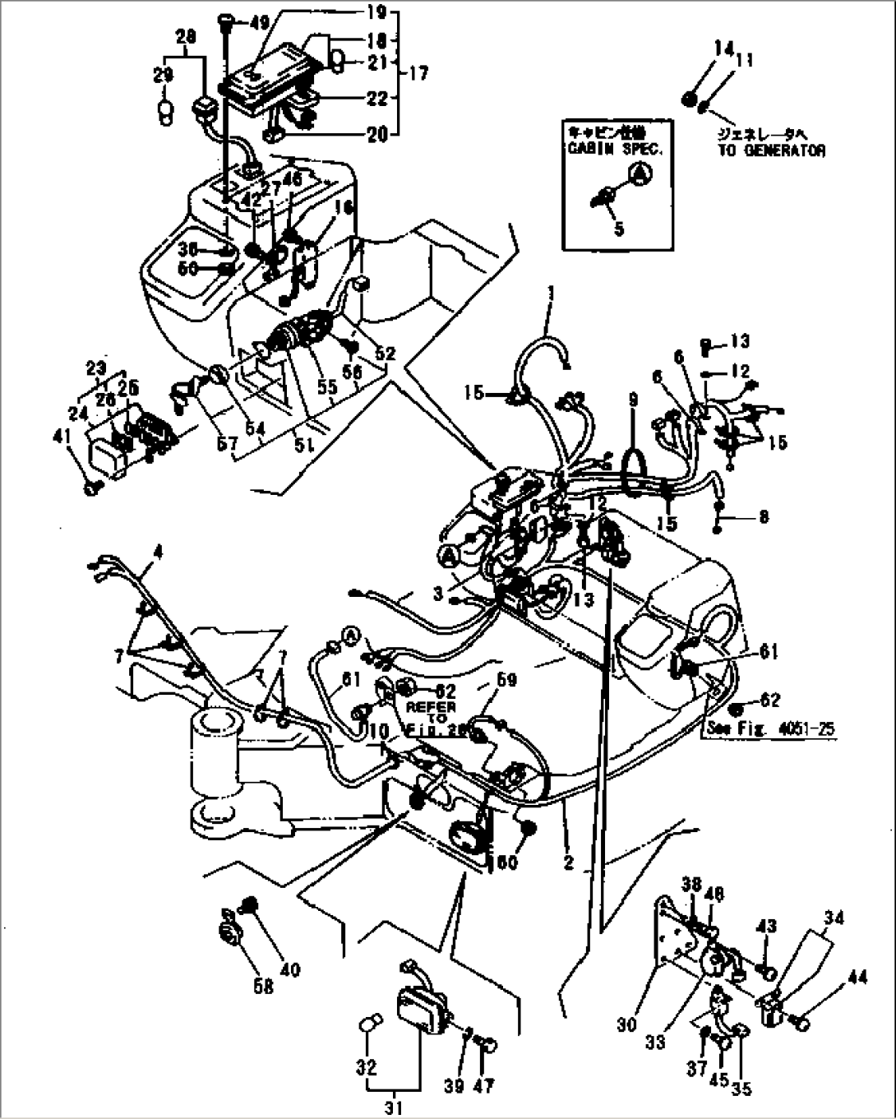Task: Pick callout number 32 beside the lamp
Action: click(366, 1068)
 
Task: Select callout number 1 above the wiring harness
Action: click(552, 292)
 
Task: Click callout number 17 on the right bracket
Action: click(418, 73)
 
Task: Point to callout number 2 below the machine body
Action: click(568, 862)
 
